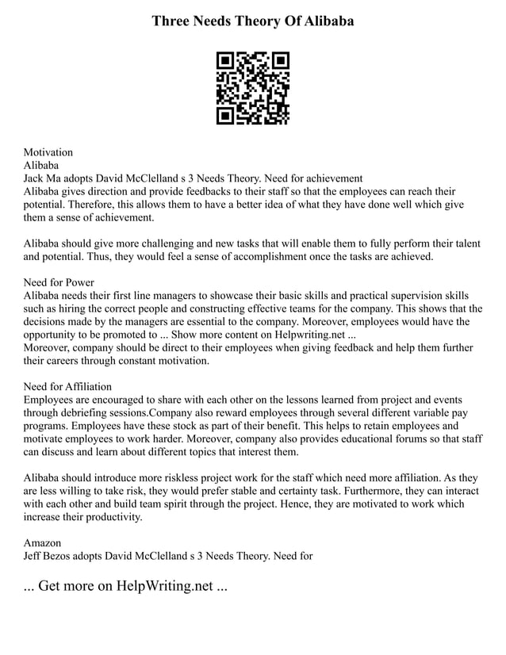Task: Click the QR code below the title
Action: tap(253, 88)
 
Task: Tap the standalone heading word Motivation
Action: tap(48, 151)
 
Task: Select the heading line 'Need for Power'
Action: tap(59, 282)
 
